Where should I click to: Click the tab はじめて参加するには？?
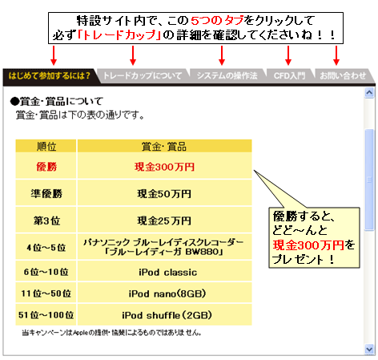pyautogui.click(x=50, y=75)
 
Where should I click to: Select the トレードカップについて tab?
pyautogui.click(x=143, y=75)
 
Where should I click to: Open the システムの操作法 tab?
pyautogui.click(x=227, y=75)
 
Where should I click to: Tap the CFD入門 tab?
pyautogui.click(x=290, y=75)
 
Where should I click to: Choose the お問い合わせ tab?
pyautogui.click(x=343, y=75)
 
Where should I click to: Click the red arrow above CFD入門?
pyautogui.click(x=288, y=55)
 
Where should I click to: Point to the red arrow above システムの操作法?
pyautogui.click(x=222, y=55)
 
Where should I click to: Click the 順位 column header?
pyautogui.click(x=46, y=146)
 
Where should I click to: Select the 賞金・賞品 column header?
pyautogui.click(x=164, y=146)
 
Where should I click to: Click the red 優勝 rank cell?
pyautogui.click(x=46, y=167)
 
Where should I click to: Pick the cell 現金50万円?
pyautogui.click(x=164, y=193)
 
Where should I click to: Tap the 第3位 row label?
pyautogui.click(x=46, y=220)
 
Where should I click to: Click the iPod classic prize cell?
pyautogui.click(x=164, y=272)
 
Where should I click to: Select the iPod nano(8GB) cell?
pyautogui.click(x=164, y=293)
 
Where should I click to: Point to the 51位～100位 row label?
pyautogui.click(x=46, y=315)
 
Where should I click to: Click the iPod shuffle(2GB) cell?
pyautogui.click(x=164, y=315)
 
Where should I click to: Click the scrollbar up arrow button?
pyautogui.click(x=369, y=93)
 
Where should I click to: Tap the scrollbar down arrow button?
pyautogui.click(x=369, y=350)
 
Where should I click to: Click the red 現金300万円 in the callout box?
pyautogui.click(x=308, y=245)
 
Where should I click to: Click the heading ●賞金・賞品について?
pyautogui.click(x=57, y=102)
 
